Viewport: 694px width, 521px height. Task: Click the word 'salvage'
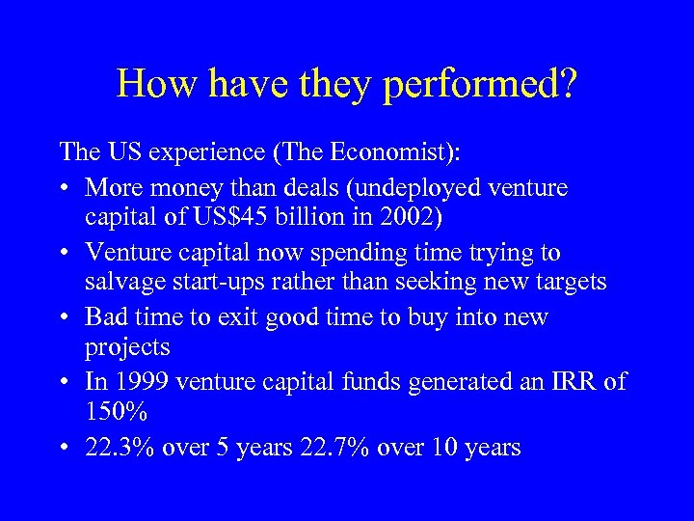pos(126,283)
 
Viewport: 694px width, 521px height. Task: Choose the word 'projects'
pos(128,348)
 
